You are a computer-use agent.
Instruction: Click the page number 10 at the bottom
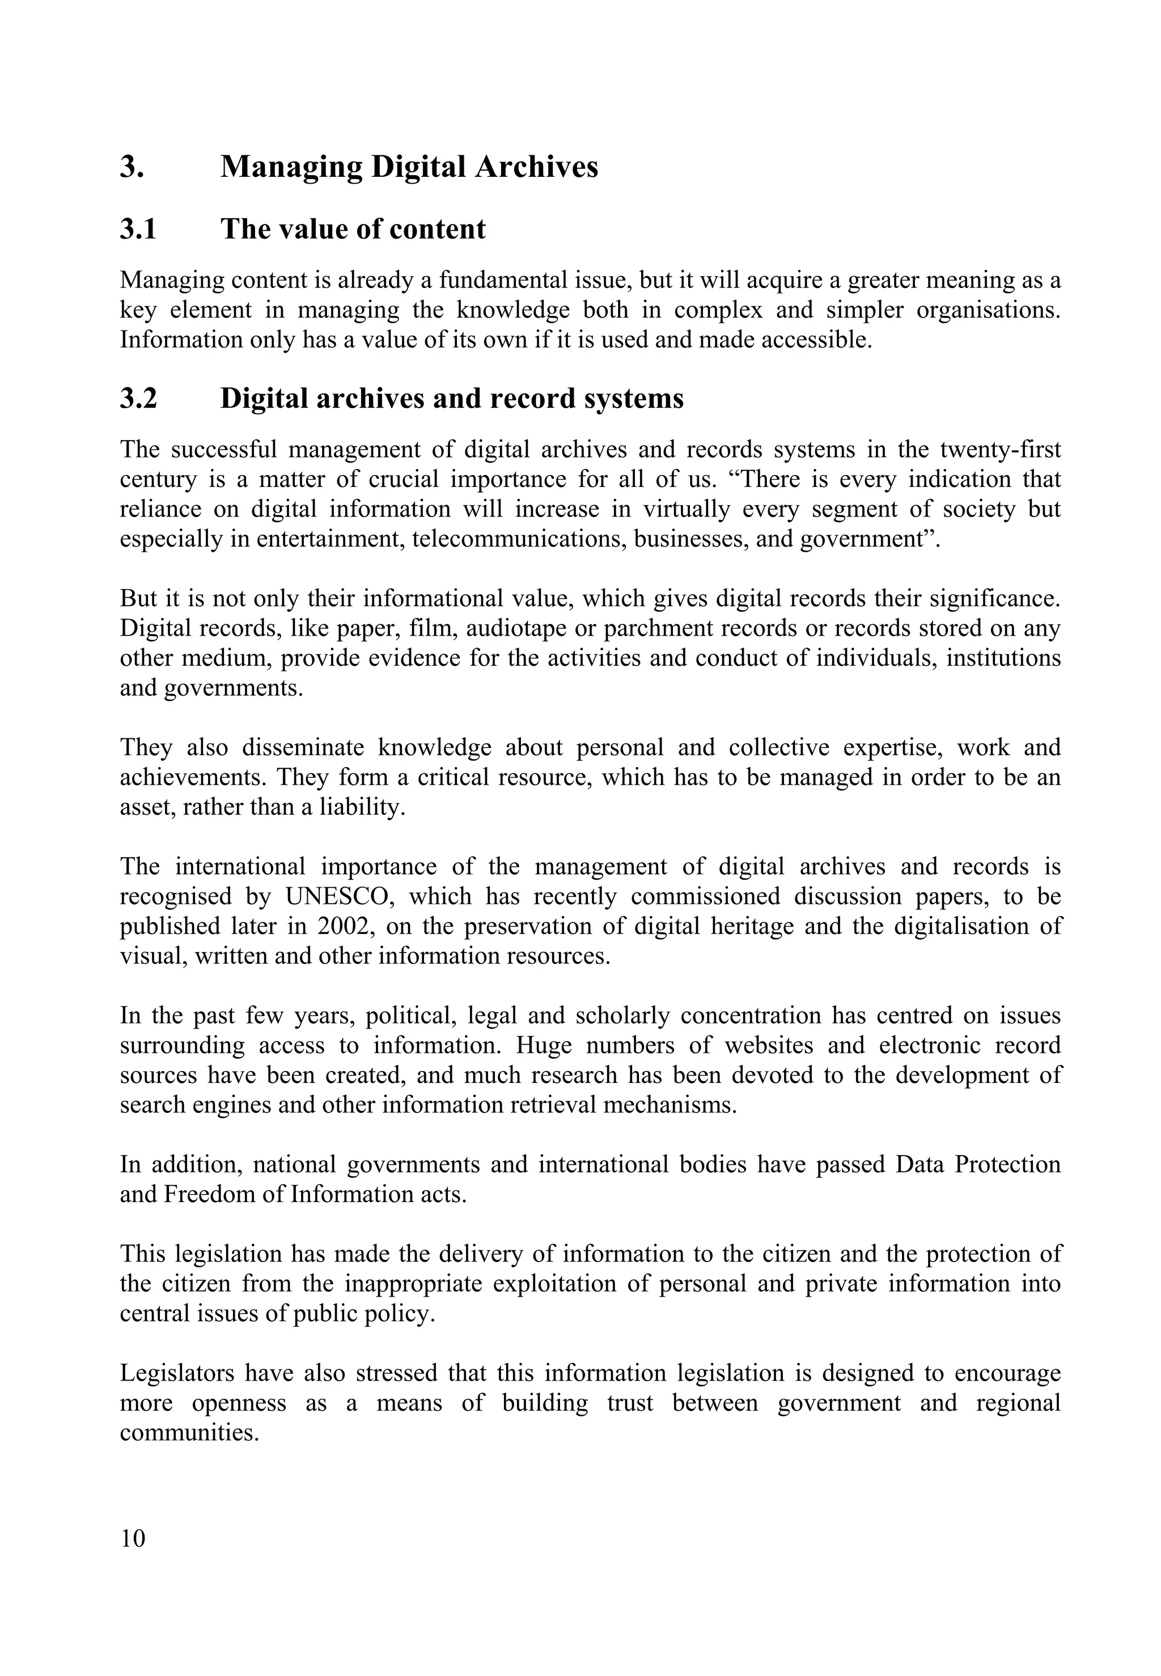(x=133, y=1539)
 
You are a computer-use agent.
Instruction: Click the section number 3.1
(x=138, y=229)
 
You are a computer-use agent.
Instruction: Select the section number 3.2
(x=138, y=399)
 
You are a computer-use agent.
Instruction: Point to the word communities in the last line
(x=189, y=1433)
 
